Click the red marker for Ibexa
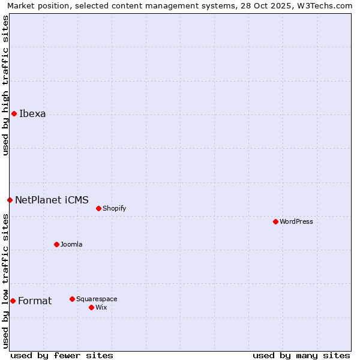[x=14, y=113]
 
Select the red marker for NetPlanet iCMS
[x=10, y=200]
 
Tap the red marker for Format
[x=13, y=301]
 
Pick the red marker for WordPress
[x=275, y=221]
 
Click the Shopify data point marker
[x=98, y=208]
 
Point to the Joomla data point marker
[x=56, y=244]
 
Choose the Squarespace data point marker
[x=72, y=299]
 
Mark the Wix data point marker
[x=91, y=307]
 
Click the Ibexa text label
[x=32, y=114]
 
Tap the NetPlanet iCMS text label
[x=52, y=200]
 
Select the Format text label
[x=35, y=301]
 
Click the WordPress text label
[x=296, y=221]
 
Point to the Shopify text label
[x=114, y=209]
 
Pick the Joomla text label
[x=71, y=245]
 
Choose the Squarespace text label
[x=97, y=299]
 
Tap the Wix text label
[x=101, y=308]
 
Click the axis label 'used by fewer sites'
[x=62, y=355]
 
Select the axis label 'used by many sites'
[x=301, y=355]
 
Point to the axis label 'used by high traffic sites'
[x=6, y=85]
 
